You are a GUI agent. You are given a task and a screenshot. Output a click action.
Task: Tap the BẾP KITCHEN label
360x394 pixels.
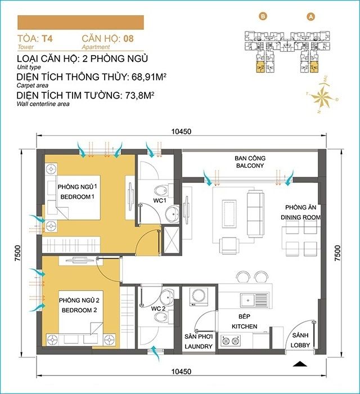pyautogui.click(x=245, y=322)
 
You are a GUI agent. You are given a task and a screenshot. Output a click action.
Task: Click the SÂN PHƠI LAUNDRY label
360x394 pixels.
pyautogui.click(x=199, y=341)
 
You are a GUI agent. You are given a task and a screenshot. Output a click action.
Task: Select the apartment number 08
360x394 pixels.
pyautogui.click(x=129, y=39)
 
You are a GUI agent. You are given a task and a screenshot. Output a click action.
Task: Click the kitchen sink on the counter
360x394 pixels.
pyautogui.click(x=255, y=299)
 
